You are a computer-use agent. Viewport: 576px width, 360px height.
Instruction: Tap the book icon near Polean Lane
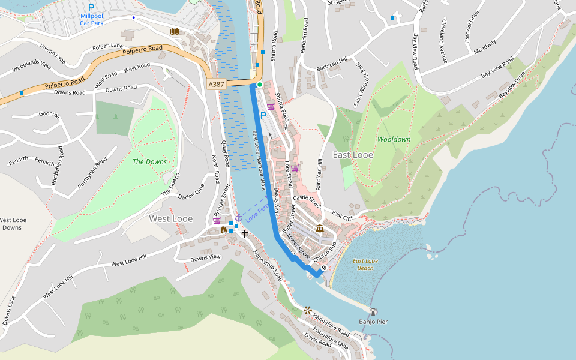point(174,31)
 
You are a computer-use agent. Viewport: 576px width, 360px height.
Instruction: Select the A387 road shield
point(217,85)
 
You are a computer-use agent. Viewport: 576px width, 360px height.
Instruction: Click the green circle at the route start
point(259,85)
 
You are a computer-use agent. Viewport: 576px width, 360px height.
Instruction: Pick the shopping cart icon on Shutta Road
point(271,107)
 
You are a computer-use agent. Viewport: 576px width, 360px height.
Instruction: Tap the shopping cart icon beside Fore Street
point(295,168)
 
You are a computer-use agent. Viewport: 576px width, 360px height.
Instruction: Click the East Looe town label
point(353,155)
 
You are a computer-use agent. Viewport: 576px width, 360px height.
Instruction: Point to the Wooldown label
point(394,139)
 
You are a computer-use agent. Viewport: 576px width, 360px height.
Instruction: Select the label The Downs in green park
point(149,161)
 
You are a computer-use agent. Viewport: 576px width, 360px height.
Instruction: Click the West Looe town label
point(171,218)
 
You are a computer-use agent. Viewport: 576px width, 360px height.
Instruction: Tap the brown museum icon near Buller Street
point(319,228)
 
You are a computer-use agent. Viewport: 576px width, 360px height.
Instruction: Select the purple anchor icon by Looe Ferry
point(239,216)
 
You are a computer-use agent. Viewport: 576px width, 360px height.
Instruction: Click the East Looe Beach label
point(365,265)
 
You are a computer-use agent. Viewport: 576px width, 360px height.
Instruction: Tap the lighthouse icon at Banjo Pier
point(374,312)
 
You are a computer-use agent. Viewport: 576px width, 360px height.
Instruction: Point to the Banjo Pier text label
point(373,322)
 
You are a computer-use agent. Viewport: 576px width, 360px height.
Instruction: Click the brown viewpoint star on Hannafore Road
point(308,310)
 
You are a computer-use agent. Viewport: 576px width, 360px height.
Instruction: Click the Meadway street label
point(485,46)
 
